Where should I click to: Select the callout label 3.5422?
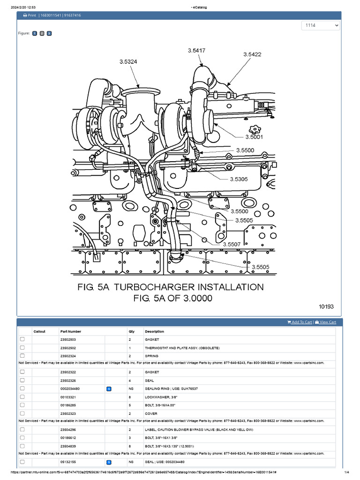[x=252, y=54]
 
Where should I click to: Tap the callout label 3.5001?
[x=254, y=137]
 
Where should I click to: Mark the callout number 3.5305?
[x=239, y=179]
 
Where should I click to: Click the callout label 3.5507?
[x=232, y=244]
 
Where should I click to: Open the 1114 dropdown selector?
[x=321, y=25]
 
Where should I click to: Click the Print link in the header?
[x=30, y=15]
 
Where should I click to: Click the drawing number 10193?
[x=326, y=307]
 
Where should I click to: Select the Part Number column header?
[x=71, y=331]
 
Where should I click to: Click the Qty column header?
[x=131, y=331]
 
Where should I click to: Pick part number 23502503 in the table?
[x=68, y=339]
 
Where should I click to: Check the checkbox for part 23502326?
[x=22, y=381]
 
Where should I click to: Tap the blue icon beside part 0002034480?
[x=109, y=389]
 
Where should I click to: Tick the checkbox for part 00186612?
[x=22, y=437]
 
